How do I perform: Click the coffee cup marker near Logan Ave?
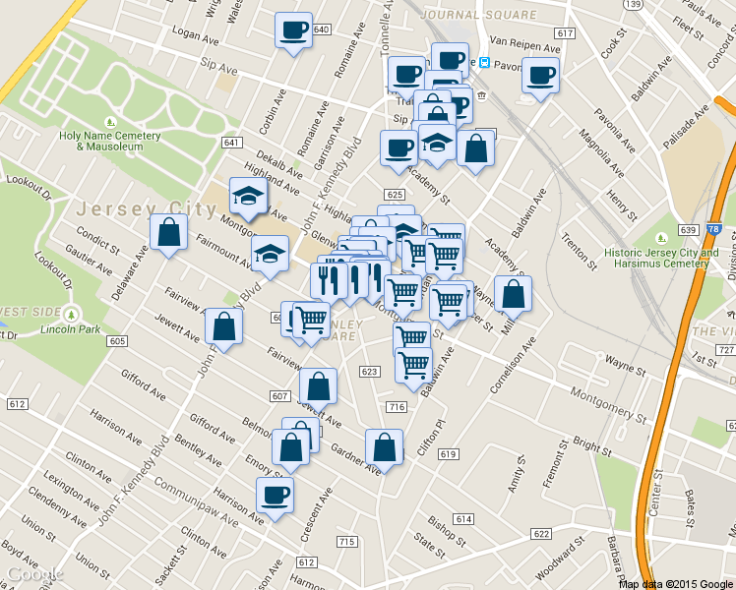click(x=292, y=29)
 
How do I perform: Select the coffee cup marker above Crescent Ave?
click(x=275, y=495)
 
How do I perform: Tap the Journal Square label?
click(x=478, y=15)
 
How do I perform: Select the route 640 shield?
click(x=321, y=29)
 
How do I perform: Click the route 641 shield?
click(x=232, y=143)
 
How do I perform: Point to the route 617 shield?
click(x=564, y=33)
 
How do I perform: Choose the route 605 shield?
click(x=117, y=340)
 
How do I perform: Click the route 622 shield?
click(x=540, y=533)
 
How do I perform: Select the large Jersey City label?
click(x=146, y=209)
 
